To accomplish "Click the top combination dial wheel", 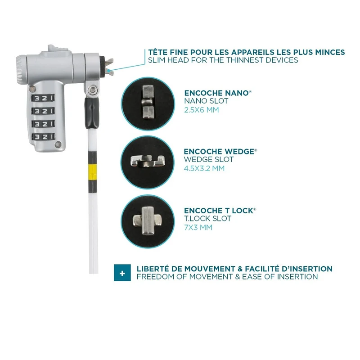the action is (43, 98).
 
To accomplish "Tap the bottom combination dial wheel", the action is (43, 137).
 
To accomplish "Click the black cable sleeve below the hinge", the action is (92, 113).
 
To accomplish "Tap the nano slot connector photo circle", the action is (148, 104).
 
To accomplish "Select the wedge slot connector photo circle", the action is (148, 162).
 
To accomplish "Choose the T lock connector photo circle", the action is (148, 221).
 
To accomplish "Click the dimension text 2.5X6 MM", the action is (201, 110).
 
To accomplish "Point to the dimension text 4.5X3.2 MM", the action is (204, 168).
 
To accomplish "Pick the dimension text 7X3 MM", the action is (198, 227).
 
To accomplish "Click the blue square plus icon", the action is (122, 273).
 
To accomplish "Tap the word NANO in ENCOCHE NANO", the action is (237, 93).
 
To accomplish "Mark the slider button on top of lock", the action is (58, 49).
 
